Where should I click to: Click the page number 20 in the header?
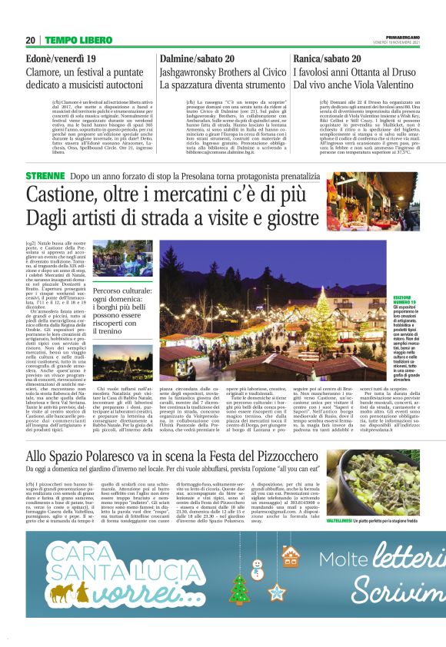(30, 39)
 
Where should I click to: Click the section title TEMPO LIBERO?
(78, 39)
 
